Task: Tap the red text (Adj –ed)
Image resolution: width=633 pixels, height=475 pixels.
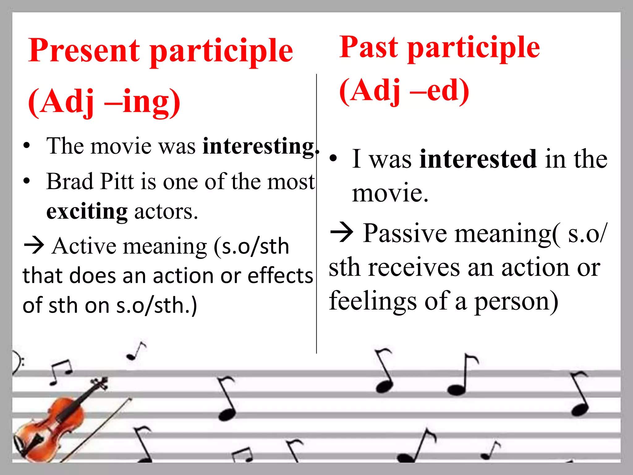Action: click(404, 90)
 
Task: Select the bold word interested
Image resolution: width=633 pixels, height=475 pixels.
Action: click(478, 159)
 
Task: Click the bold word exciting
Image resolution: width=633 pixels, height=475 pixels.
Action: click(87, 212)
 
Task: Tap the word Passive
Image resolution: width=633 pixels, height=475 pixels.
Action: click(405, 234)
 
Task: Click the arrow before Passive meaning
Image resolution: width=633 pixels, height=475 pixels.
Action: click(341, 233)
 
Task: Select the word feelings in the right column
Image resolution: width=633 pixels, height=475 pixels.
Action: click(373, 301)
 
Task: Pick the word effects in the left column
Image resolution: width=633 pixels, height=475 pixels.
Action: click(280, 276)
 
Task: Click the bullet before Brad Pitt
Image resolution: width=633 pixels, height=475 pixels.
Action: click(27, 181)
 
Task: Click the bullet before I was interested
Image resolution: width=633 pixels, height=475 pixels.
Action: click(333, 159)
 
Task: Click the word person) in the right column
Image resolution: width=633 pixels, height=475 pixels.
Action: click(516, 302)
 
